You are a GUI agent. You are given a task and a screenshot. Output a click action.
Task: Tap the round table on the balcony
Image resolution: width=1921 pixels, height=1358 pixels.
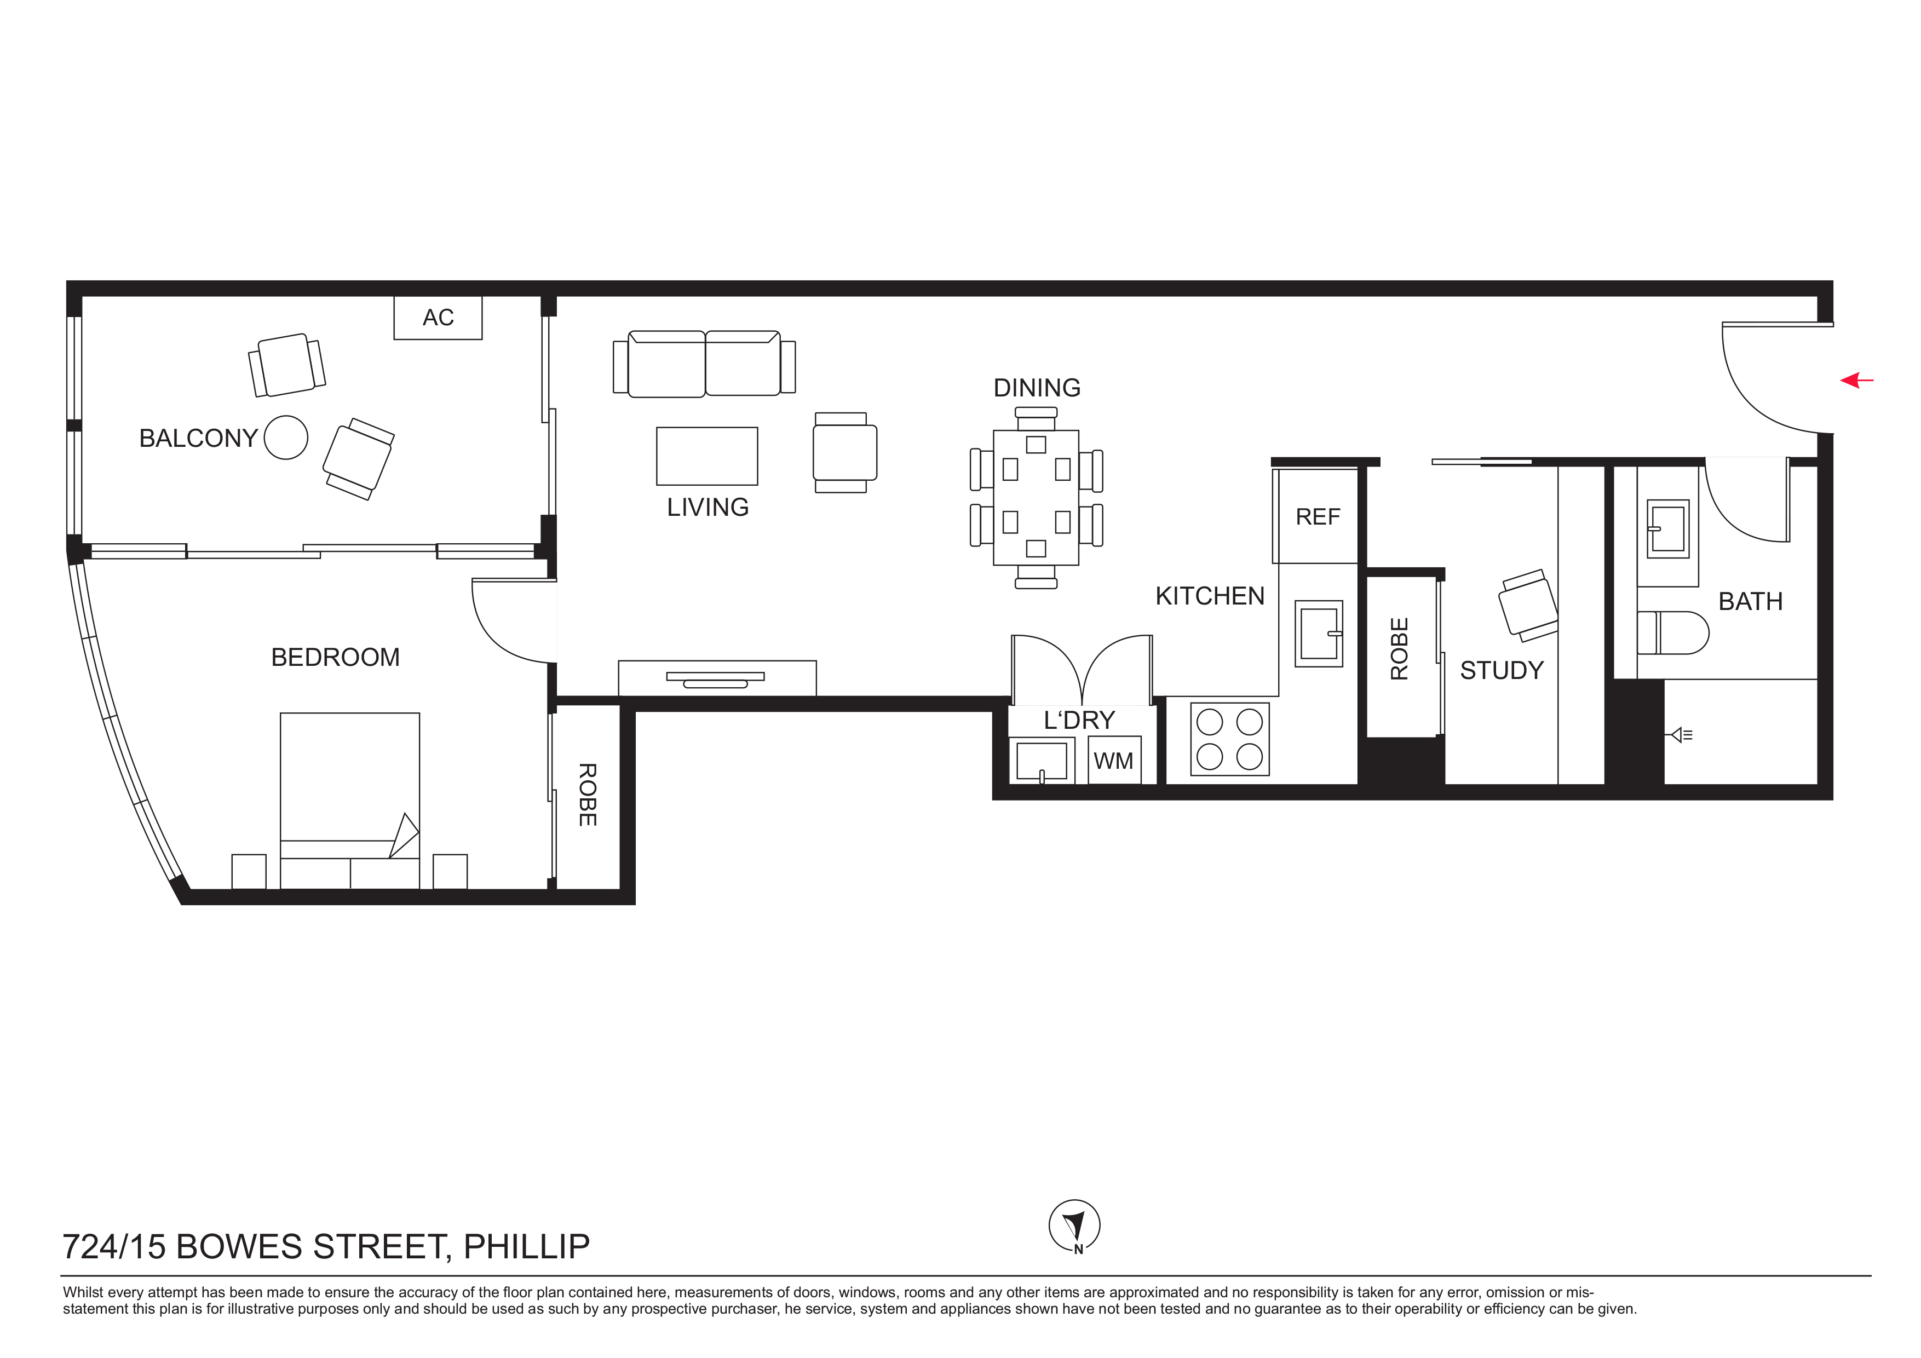pyautogui.click(x=286, y=438)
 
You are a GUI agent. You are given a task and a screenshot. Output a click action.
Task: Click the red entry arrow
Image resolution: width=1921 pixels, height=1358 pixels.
pyautogui.click(x=1856, y=381)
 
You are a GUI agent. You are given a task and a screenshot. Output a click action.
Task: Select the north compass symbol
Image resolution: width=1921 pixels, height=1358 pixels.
pyautogui.click(x=1074, y=1227)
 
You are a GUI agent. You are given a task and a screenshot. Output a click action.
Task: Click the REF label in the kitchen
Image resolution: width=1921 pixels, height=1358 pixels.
pyautogui.click(x=1318, y=517)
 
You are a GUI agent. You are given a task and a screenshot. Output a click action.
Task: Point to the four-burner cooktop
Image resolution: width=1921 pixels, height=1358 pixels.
pyautogui.click(x=1230, y=739)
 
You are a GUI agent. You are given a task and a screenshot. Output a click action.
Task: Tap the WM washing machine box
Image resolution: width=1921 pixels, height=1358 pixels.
pyautogui.click(x=1114, y=761)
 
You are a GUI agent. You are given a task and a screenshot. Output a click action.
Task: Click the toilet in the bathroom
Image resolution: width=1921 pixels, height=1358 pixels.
pyautogui.click(x=1672, y=632)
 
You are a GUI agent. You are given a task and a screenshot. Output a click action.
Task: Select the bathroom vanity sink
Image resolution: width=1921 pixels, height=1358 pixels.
pyautogui.click(x=1667, y=529)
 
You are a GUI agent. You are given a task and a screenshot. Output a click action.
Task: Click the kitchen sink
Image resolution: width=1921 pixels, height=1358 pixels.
pyautogui.click(x=1319, y=634)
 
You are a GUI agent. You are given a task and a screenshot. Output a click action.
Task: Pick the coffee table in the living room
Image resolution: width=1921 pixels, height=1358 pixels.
pyautogui.click(x=707, y=456)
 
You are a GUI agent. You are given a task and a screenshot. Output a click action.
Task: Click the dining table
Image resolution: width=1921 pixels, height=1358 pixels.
pyautogui.click(x=1036, y=498)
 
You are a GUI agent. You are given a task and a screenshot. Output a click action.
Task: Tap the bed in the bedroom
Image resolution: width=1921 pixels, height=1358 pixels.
pyautogui.click(x=350, y=801)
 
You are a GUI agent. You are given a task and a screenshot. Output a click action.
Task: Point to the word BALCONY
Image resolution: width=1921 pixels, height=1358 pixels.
pyautogui.click(x=198, y=439)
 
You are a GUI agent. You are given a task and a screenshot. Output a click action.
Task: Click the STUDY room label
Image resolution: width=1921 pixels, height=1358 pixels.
pyautogui.click(x=1502, y=670)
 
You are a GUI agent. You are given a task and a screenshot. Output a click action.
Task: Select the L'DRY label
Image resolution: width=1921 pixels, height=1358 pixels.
pyautogui.click(x=1079, y=721)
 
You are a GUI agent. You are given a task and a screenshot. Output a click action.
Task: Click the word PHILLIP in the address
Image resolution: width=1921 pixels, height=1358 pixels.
pyautogui.click(x=527, y=1247)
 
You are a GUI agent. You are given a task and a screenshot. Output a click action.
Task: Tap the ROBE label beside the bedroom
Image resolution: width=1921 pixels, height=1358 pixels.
pyautogui.click(x=588, y=795)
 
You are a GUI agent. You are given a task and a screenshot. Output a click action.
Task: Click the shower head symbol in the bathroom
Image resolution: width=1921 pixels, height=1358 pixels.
pyautogui.click(x=1682, y=735)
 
